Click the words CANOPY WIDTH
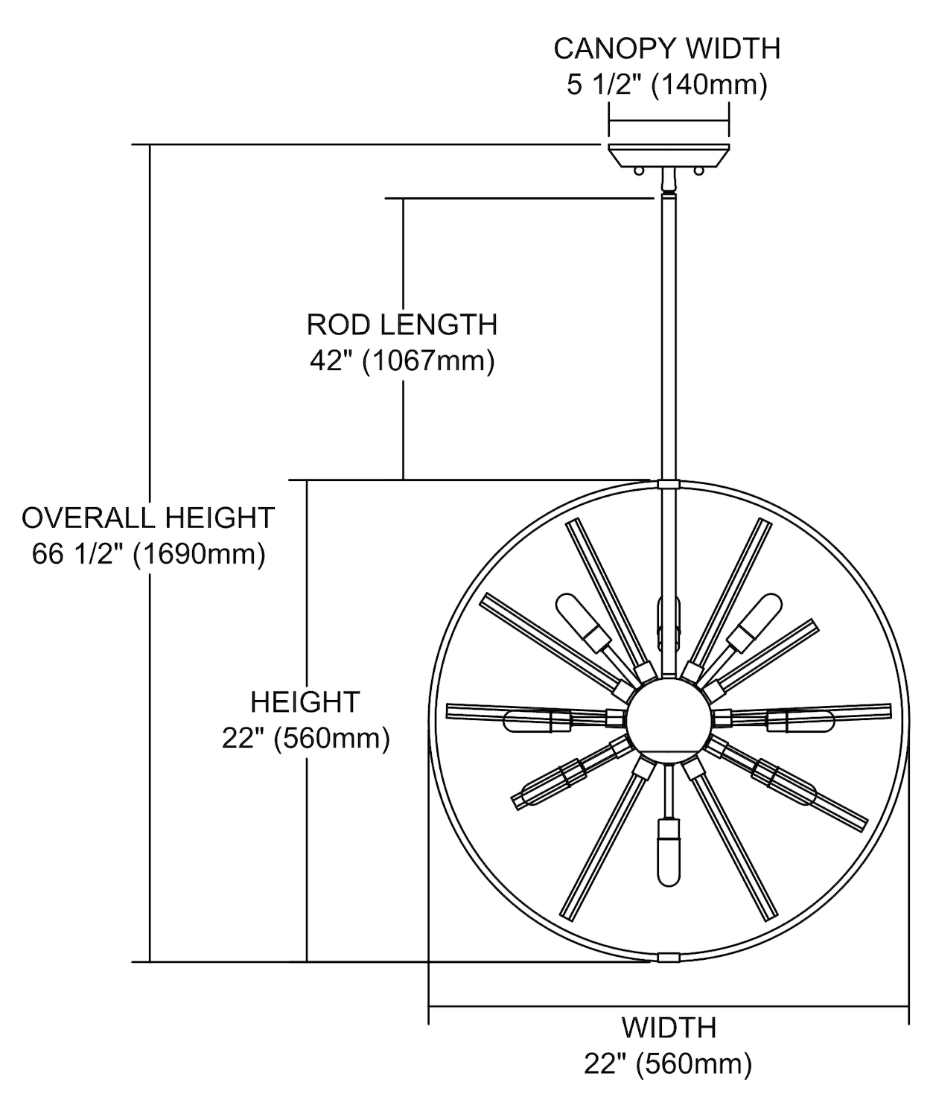tap(667, 48)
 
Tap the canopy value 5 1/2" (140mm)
tap(667, 85)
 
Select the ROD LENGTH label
tap(402, 325)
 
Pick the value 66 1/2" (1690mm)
tap(149, 554)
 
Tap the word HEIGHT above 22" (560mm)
tap(305, 702)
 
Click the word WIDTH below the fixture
tap(669, 1028)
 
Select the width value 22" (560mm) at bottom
tap(668, 1063)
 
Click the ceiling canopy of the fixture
tap(669, 156)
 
